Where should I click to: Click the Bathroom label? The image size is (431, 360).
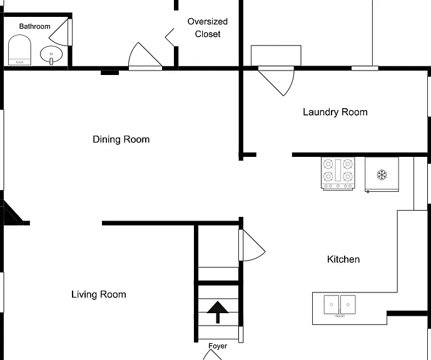tap(34, 26)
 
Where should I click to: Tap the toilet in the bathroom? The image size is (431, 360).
tap(19, 50)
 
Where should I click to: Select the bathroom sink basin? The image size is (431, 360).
tap(51, 54)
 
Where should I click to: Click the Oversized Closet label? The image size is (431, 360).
tap(208, 27)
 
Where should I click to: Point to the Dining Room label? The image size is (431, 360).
tap(121, 139)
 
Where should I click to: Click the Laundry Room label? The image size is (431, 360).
tap(335, 112)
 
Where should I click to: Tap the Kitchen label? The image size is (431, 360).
tap(343, 259)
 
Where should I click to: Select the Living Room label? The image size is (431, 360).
tap(99, 294)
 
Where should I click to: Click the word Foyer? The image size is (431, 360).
tap(218, 346)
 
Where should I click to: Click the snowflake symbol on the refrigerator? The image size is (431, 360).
tap(382, 174)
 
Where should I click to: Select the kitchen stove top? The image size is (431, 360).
tap(338, 174)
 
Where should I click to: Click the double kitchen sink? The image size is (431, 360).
tap(340, 306)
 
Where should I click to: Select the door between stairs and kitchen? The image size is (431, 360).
tap(251, 245)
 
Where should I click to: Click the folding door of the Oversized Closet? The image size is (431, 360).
tap(170, 37)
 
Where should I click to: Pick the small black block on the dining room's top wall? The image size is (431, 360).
tap(109, 72)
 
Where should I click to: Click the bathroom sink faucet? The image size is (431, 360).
tap(51, 61)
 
